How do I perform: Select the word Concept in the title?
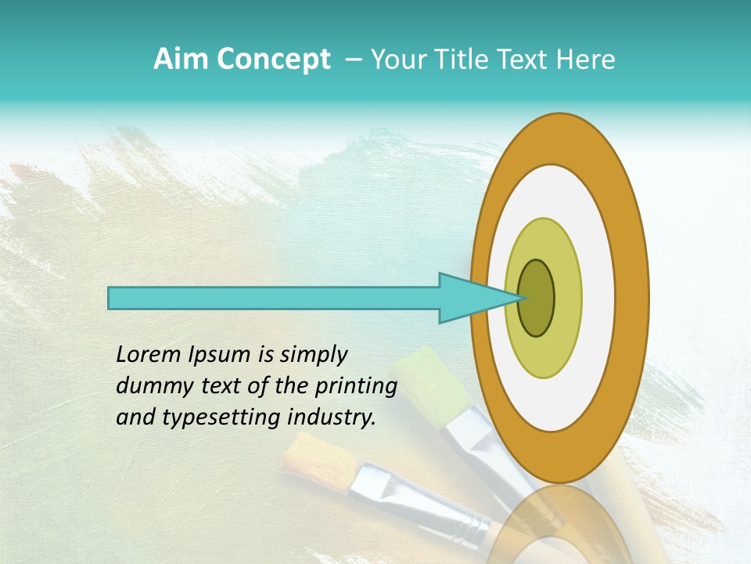point(273,60)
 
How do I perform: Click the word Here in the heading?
point(586,60)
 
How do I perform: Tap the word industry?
point(332,418)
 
